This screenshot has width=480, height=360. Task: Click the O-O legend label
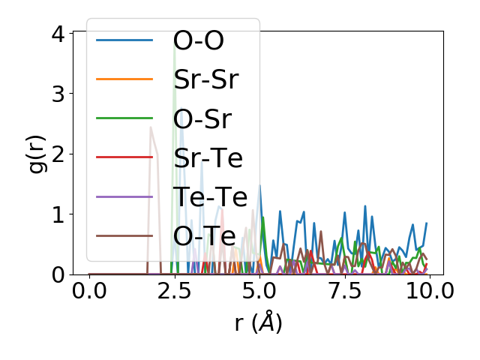(198, 40)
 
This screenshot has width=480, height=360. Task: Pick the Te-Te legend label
(210, 196)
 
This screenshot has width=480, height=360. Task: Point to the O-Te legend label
(205, 235)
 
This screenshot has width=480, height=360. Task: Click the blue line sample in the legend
(124, 40)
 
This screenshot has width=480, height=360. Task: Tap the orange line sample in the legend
(124, 79)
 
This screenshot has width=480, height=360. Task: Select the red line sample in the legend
(124, 157)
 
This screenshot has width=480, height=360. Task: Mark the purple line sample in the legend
(124, 196)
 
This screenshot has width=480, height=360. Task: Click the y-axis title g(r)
(37, 153)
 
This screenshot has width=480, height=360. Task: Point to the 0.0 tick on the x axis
(89, 291)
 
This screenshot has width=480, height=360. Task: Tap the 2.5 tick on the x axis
(175, 291)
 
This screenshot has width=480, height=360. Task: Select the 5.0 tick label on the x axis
(259, 291)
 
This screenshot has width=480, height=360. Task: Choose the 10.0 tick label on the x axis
(427, 291)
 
